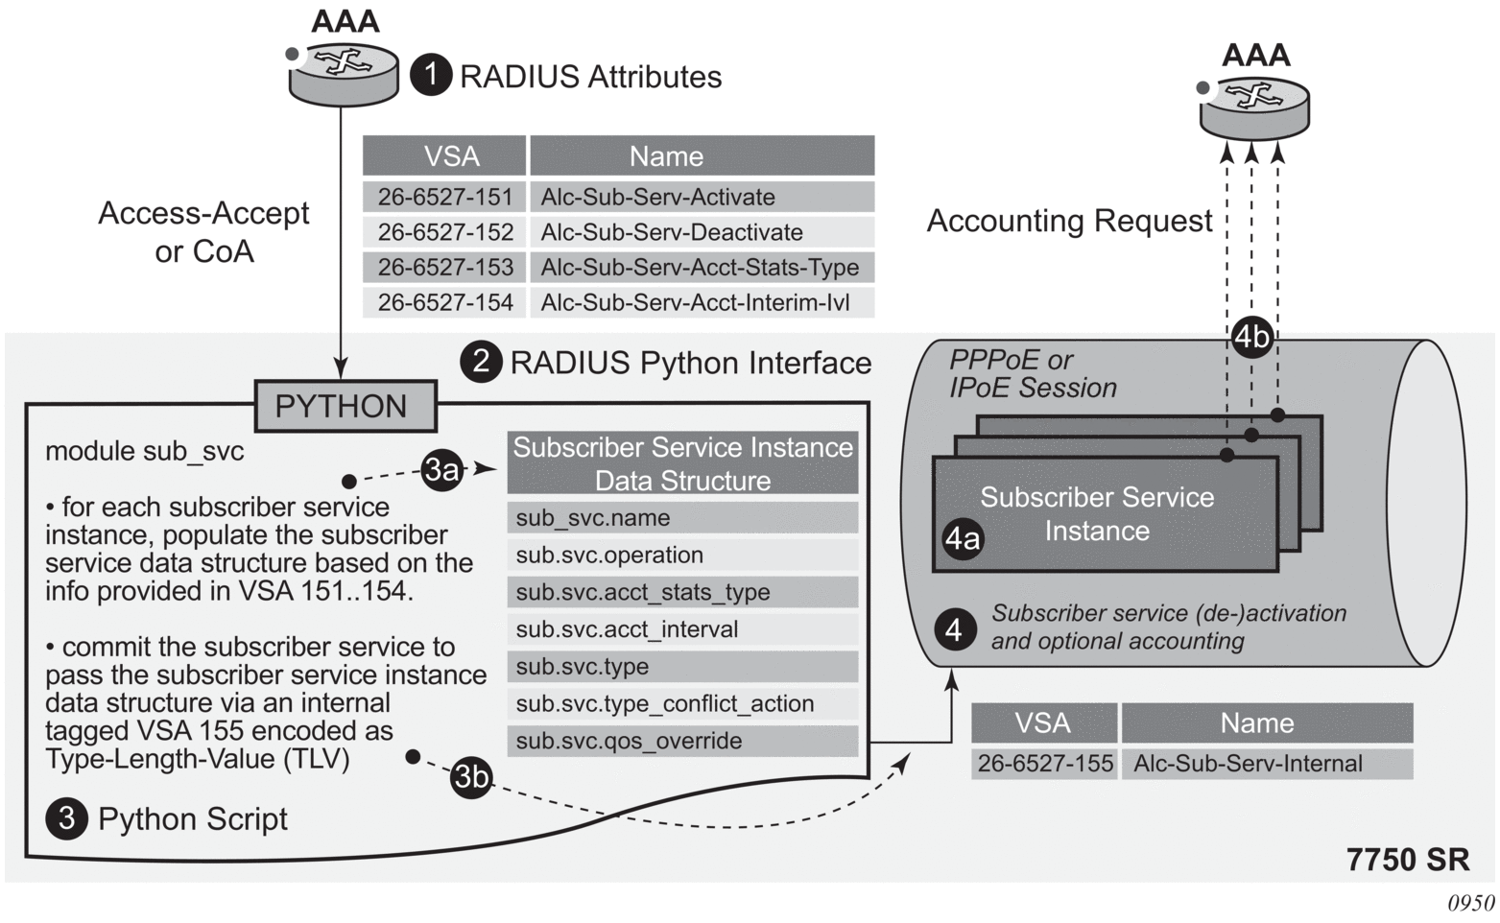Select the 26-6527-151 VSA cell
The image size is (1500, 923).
tap(444, 197)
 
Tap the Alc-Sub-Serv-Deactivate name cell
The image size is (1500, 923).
tap(702, 232)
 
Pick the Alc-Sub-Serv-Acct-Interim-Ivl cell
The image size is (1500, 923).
tap(702, 302)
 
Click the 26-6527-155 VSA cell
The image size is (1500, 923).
tap(1044, 764)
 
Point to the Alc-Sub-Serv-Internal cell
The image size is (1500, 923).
tap(1267, 764)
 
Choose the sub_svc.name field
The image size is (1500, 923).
tap(682, 518)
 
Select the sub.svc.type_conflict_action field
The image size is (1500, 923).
tap(682, 704)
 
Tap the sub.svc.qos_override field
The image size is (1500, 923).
tap(682, 741)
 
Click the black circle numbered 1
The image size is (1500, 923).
tap(431, 75)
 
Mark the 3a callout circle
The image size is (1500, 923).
tap(441, 470)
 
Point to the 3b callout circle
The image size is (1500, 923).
tap(471, 776)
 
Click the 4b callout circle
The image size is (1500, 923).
tap(1251, 337)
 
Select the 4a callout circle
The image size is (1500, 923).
tap(963, 540)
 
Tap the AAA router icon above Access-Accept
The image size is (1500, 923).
tap(343, 72)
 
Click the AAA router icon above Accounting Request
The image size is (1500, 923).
tap(1253, 105)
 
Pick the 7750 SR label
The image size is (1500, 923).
tap(1407, 859)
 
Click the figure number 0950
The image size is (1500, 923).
tap(1471, 904)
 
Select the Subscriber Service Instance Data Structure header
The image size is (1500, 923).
tap(682, 463)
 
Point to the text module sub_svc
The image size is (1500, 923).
tap(144, 451)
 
